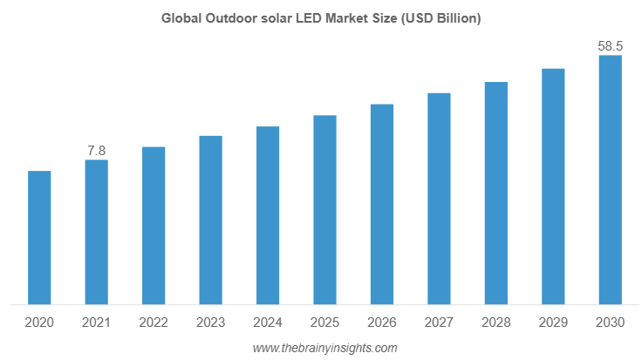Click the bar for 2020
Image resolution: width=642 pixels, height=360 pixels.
[39, 238]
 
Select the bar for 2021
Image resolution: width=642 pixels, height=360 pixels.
[96, 233]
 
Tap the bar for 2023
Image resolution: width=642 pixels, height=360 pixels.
[210, 221]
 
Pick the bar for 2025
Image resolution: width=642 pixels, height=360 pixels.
[324, 210]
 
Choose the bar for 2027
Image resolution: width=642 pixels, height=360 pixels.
[439, 199]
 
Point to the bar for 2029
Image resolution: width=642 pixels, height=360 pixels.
[553, 187]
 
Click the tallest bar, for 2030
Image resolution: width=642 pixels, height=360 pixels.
[610, 180]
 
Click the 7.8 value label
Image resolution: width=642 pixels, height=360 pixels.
[96, 151]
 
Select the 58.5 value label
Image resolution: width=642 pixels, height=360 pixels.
[610, 45]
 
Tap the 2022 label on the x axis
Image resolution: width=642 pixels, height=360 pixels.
[154, 323]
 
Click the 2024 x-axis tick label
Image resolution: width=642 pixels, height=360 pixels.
[268, 323]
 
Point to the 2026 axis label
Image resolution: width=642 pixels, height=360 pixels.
[382, 323]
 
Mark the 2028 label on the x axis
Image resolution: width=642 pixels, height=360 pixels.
[496, 323]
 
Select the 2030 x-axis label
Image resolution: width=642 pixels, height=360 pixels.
[610, 323]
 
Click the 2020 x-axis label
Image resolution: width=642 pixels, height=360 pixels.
[39, 323]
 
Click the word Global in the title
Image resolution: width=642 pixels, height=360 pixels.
[181, 18]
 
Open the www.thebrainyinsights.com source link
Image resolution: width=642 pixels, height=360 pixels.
[324, 348]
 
